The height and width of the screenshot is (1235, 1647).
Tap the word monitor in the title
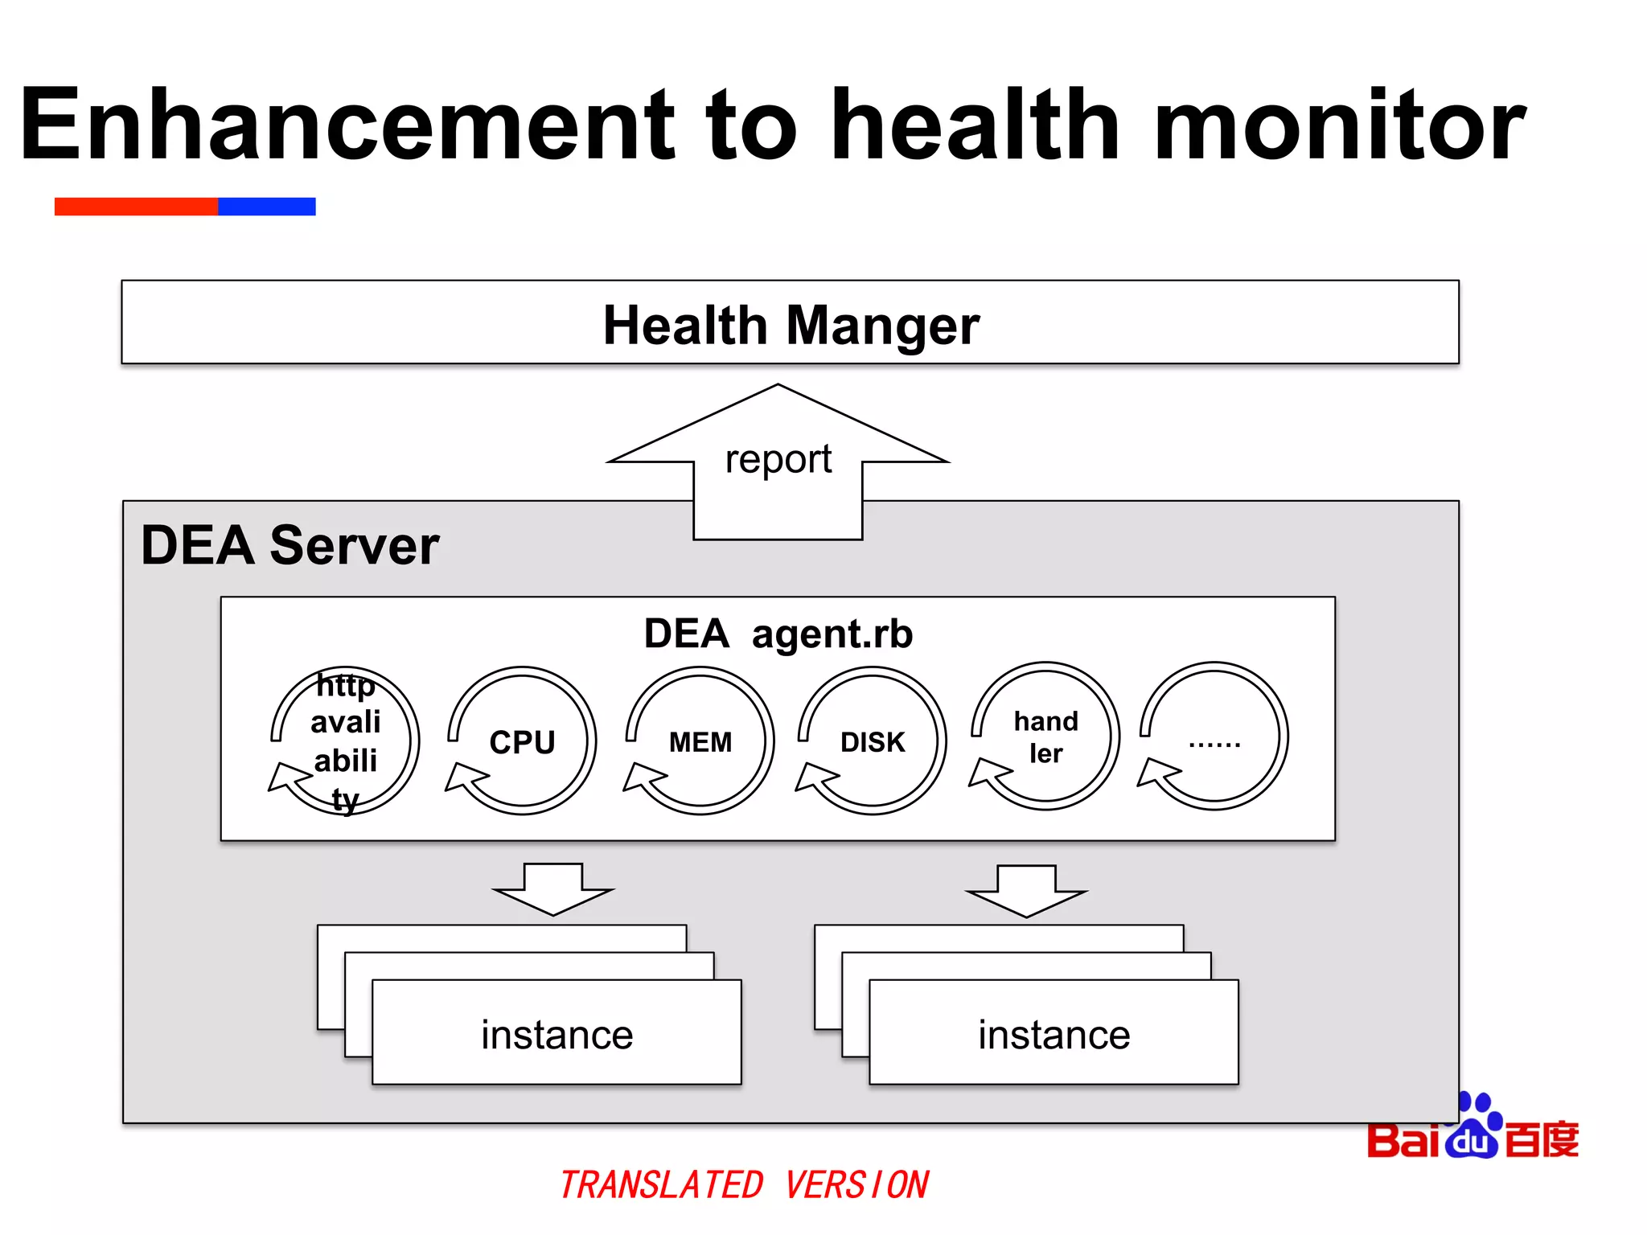coord(1338,125)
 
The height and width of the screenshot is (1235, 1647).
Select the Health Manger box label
coord(791,325)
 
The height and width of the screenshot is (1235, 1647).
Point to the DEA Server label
coord(290,545)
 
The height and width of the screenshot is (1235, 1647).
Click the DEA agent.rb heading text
coord(778,634)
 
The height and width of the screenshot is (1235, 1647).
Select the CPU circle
coord(523,741)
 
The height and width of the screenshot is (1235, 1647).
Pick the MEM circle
coord(700,741)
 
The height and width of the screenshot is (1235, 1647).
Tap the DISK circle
coord(873,741)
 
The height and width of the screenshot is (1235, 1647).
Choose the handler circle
coord(1045,736)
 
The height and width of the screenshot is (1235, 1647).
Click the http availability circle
coord(346,741)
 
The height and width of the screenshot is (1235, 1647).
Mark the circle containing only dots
coord(1214,736)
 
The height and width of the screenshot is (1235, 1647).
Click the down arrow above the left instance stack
coord(553,889)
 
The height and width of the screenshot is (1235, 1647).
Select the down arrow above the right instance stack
coord(1026,891)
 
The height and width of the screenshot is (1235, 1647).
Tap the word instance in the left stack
coord(557,1035)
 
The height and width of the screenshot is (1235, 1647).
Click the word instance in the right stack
coord(1054,1035)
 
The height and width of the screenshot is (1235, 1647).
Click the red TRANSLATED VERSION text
coord(744,1185)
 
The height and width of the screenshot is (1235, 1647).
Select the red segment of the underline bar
coord(136,207)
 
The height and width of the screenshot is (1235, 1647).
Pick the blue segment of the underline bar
coord(266,207)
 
